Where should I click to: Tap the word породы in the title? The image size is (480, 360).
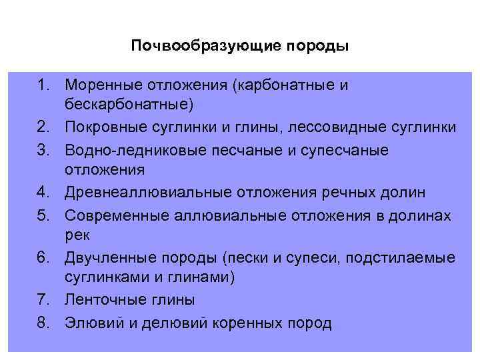tap(318, 47)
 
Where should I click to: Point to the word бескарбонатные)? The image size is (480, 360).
tap(129, 105)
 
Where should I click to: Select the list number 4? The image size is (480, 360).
tap(43, 193)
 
